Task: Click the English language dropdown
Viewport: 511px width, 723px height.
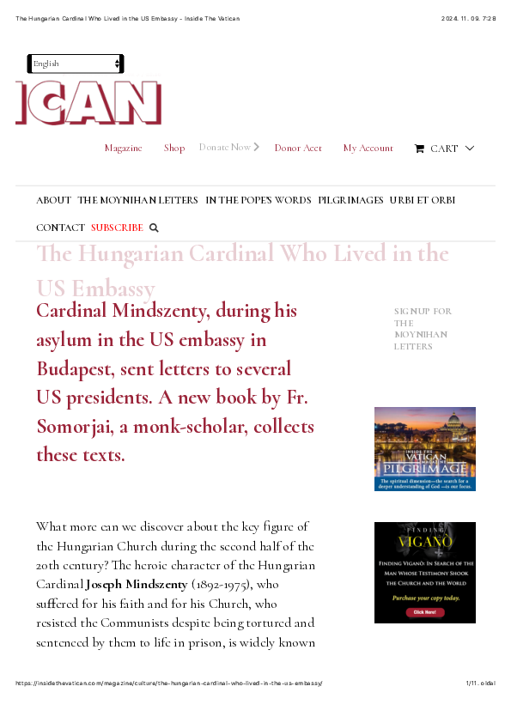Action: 76,64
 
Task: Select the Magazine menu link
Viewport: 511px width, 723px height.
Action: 123,149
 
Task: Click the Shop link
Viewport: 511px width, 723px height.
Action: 174,149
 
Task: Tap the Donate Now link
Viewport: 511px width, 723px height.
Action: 225,148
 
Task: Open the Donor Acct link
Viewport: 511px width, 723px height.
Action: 298,149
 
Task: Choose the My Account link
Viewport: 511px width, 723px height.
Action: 368,149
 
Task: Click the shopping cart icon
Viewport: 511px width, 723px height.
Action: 419,149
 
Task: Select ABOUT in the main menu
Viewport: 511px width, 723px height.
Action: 53,200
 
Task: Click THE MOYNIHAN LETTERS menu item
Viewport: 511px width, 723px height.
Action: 137,200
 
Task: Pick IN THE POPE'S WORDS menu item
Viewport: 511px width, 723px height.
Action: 258,200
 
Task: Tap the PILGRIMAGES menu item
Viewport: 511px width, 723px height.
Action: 350,200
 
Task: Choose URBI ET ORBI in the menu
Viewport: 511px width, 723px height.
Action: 422,200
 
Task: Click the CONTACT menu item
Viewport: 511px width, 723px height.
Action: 60,228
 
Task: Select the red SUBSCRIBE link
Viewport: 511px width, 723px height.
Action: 117,228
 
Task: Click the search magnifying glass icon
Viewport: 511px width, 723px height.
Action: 155,228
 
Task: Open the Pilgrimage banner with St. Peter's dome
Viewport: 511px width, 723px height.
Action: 424,448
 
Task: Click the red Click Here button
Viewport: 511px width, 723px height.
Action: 424,612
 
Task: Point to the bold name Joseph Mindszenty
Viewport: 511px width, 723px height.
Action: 137,585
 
